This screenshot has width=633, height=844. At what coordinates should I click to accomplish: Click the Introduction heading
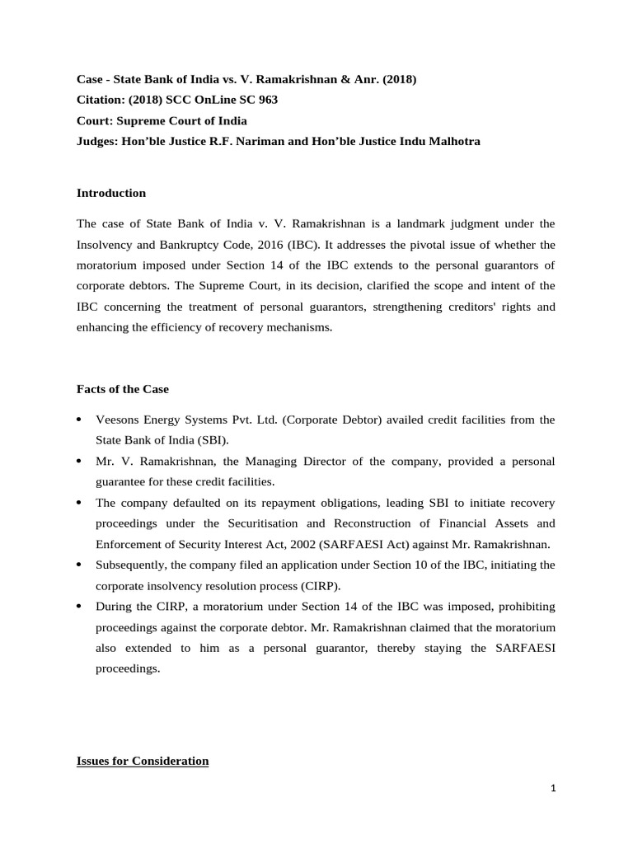click(111, 193)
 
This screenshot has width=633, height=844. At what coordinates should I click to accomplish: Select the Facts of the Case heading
click(122, 389)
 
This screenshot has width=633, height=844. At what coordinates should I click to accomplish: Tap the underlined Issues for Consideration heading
click(142, 761)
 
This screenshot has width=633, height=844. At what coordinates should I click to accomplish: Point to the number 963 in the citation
click(267, 100)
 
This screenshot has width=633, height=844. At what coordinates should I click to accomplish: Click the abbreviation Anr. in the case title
click(358, 79)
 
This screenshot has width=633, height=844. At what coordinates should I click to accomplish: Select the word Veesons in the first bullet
click(117, 420)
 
